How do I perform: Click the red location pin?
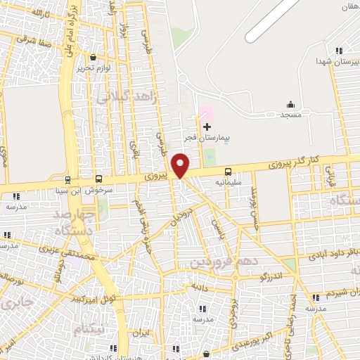[x=181, y=166]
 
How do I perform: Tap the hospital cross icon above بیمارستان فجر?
[x=207, y=127]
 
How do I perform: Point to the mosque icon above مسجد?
[x=291, y=104]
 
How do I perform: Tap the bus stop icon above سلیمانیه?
[x=228, y=172]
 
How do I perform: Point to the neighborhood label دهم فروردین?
[x=219, y=262]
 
